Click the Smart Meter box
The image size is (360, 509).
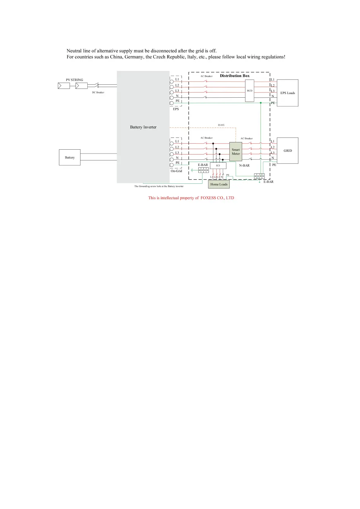[x=235, y=151]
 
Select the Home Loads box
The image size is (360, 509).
[x=219, y=184]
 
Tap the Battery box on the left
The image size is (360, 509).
[x=70, y=157]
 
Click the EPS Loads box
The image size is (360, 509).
[x=287, y=93]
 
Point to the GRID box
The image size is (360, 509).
[x=287, y=151]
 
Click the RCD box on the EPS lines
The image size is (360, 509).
[x=249, y=91]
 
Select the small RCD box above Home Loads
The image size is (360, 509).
[x=218, y=166]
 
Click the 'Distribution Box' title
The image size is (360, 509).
[x=235, y=76]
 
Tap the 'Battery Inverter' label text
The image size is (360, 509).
[x=143, y=127]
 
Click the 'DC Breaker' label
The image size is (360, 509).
[x=98, y=92]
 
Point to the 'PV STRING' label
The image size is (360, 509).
[x=74, y=80]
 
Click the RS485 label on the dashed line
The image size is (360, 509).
[x=221, y=125]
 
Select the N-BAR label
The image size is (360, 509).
[x=244, y=166]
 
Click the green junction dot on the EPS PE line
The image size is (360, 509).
[x=261, y=103]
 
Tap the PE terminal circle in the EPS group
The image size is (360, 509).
[x=172, y=103]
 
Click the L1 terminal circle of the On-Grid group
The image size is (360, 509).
[x=172, y=143]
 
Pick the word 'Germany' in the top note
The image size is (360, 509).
[x=134, y=57]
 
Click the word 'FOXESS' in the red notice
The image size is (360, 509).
[x=208, y=198]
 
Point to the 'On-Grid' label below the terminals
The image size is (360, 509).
[x=176, y=171]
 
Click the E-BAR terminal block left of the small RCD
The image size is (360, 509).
[x=203, y=170]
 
